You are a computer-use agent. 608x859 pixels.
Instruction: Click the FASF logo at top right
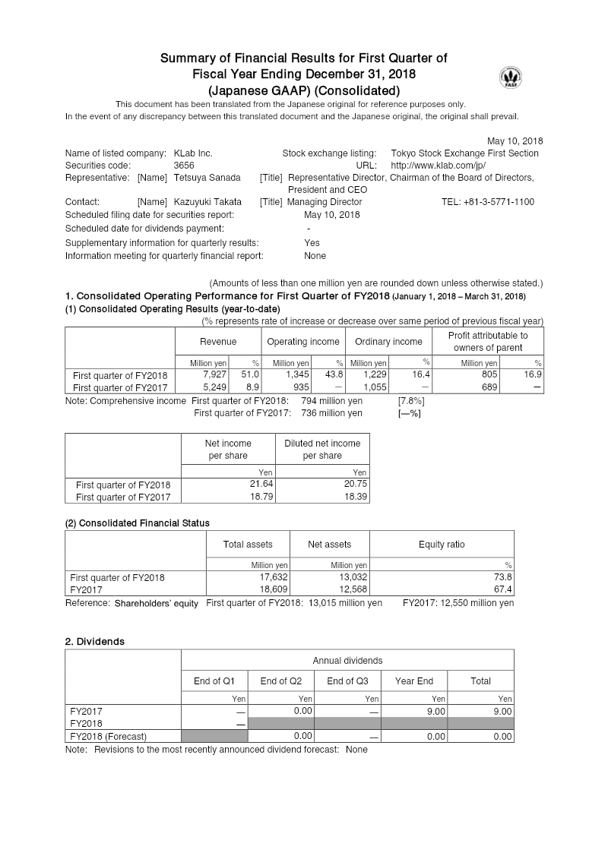pos(510,77)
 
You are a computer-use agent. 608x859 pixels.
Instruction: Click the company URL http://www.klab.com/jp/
pos(438,166)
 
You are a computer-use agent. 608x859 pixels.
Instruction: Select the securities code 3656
pos(184,166)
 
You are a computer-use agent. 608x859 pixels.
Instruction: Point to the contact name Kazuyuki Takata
pos(207,202)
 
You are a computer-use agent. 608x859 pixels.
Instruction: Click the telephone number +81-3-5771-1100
pos(487,202)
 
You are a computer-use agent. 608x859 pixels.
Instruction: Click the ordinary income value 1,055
pos(375,387)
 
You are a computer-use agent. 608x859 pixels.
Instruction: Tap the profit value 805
pos(490,375)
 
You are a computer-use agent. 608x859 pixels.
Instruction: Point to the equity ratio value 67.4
pos(504,589)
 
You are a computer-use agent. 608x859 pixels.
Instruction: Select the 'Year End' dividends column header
pos(414,681)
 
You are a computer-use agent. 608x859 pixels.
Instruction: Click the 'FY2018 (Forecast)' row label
pos(108,736)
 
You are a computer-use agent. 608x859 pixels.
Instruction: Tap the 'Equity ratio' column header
pos(442,545)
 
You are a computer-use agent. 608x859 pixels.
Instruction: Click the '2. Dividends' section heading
pos(95,642)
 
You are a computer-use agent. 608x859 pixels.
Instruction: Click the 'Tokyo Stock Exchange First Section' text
pos(464,153)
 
